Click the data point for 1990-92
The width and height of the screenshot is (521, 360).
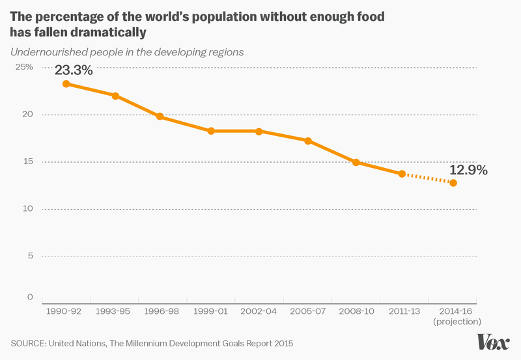tap(66, 84)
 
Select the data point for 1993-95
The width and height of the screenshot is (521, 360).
tap(115, 96)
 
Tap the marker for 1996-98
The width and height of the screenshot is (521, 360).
tap(160, 117)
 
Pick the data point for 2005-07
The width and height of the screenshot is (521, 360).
tap(308, 141)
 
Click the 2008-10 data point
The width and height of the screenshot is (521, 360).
tap(356, 162)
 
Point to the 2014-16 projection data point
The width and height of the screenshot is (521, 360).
tap(453, 183)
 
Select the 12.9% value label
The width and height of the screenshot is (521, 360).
tap(468, 170)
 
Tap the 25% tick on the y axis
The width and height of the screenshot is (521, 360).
tap(24, 67)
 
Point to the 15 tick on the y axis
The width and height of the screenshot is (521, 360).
tap(27, 161)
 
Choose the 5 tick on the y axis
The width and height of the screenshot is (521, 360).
tap(29, 256)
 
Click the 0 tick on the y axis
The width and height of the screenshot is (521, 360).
tap(29, 298)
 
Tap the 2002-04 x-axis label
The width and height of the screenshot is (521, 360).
tap(259, 311)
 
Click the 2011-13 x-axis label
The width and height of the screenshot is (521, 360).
tap(405, 311)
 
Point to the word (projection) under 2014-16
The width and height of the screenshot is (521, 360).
tap(457, 321)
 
